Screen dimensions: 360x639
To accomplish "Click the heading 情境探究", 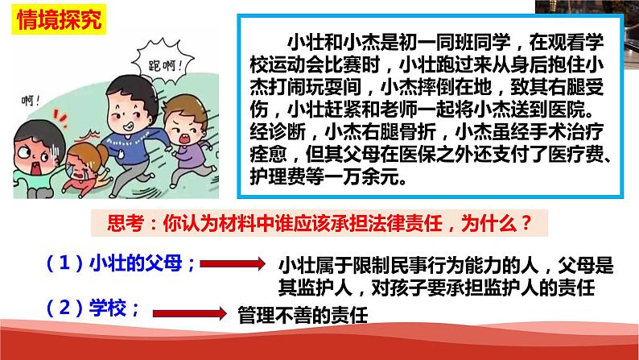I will click(x=56, y=21).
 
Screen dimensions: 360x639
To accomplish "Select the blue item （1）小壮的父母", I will click(x=112, y=263).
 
